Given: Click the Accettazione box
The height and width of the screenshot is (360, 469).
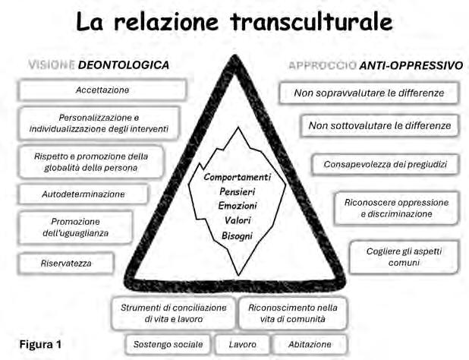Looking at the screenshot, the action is click(x=102, y=90).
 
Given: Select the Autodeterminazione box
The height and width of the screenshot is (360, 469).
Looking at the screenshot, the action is click(x=83, y=194).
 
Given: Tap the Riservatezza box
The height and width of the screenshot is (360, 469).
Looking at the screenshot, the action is click(x=67, y=264).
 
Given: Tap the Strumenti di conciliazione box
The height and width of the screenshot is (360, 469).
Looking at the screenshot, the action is click(x=174, y=313).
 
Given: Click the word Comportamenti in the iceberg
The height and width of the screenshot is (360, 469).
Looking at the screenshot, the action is click(x=238, y=176).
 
